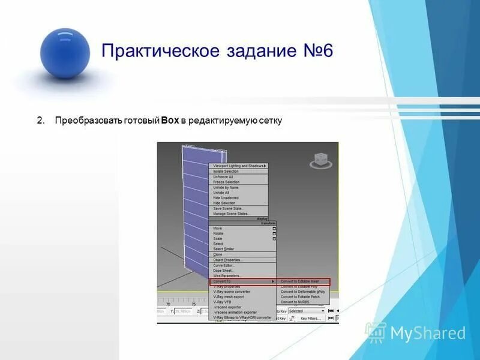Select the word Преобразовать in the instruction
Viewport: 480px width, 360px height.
85,121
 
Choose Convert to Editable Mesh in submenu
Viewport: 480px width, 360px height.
300,281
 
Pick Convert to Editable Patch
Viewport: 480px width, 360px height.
300,296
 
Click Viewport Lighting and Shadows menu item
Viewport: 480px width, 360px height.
238,166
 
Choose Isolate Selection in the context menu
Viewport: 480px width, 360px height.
226,171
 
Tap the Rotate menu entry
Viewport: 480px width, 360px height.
218,233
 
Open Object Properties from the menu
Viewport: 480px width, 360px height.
228,260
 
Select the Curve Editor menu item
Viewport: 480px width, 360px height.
224,265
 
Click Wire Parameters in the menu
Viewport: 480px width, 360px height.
226,275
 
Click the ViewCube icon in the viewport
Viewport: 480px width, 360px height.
318,160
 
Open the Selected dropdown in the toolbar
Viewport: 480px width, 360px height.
306,311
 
